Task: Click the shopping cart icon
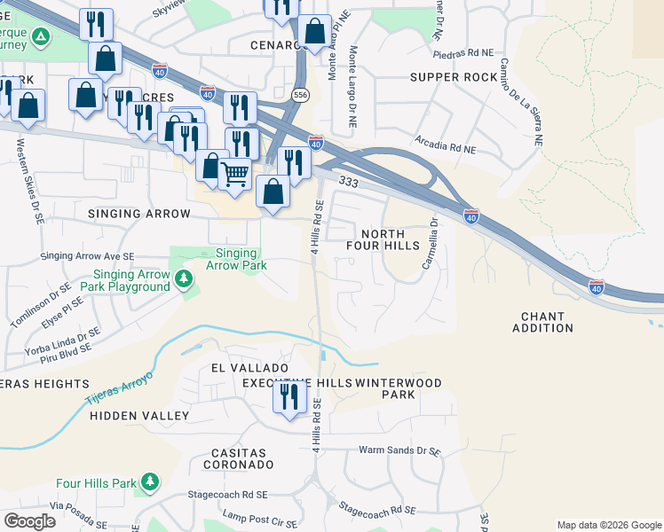pos(234,174)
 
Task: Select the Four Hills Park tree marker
pos(150,482)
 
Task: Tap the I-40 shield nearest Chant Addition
pos(597,286)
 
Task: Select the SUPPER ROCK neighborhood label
pos(454,77)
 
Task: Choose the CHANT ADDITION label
pos(542,322)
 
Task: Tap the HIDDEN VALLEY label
pos(139,415)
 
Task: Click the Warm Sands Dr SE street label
pos(399,450)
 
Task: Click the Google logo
pos(29,521)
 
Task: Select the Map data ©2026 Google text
pos(608,525)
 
